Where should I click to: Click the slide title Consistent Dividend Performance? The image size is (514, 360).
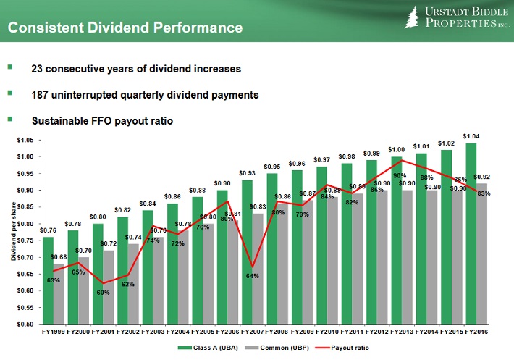125,29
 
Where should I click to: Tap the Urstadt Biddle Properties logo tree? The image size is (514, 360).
413,17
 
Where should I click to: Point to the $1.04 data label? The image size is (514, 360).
471,136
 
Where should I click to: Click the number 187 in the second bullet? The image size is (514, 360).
42,95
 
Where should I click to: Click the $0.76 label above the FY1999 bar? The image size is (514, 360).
48,230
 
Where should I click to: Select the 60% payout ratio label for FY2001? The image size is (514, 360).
104,292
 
